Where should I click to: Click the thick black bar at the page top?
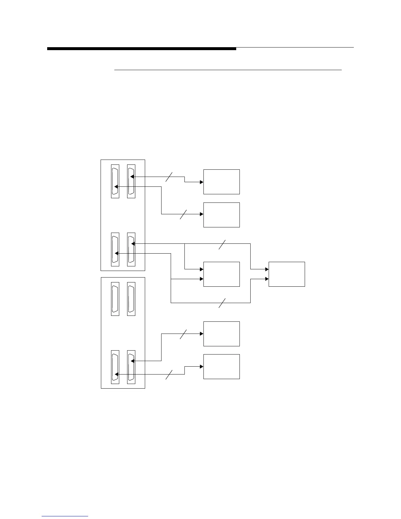142,49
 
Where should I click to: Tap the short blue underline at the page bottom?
65,516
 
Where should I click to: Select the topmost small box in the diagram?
221,182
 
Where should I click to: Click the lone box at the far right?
287,274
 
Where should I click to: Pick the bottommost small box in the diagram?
221,367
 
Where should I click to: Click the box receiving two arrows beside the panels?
221,274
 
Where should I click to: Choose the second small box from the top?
221,215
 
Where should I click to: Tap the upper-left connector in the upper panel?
115,181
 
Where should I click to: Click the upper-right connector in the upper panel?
131,181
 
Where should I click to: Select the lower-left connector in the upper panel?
115,249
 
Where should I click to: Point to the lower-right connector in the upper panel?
131,249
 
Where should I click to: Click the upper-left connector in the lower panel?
115,299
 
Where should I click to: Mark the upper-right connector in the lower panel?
131,299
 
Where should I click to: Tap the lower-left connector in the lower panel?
115,367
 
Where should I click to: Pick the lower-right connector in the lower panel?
131,367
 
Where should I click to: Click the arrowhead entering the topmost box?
201,182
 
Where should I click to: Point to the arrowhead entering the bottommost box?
201,367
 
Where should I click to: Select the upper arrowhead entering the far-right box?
267,269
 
